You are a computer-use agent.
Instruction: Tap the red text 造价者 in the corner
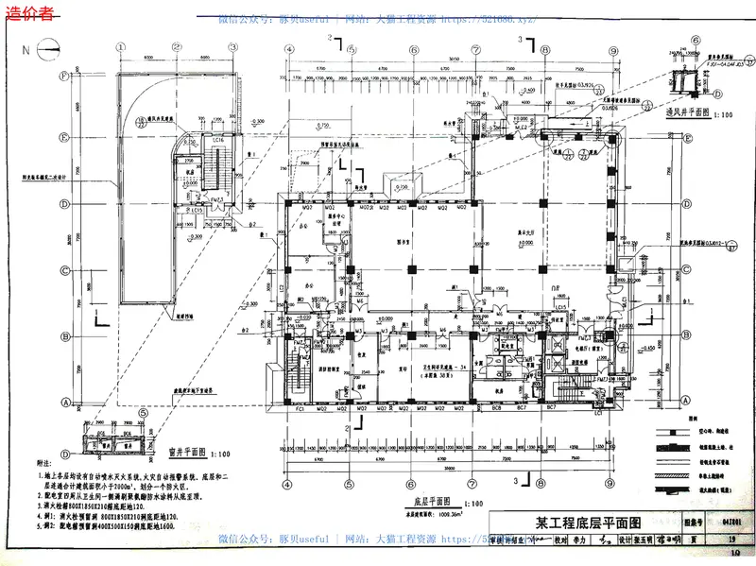pyautogui.click(x=27, y=14)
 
